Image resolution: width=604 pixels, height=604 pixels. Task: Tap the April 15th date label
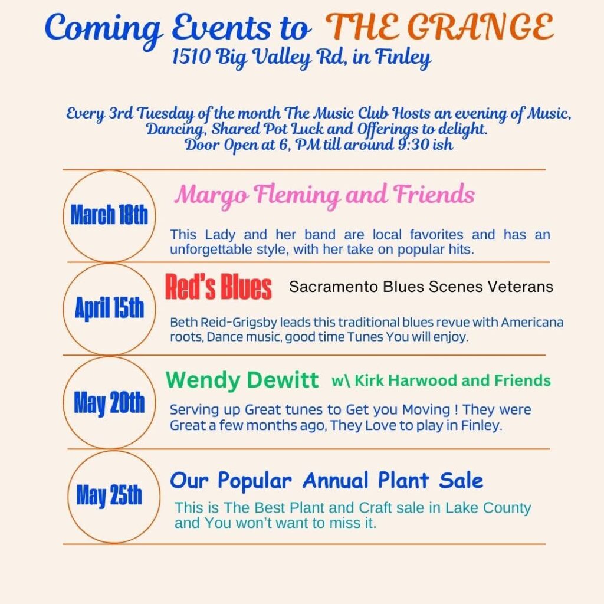click(x=109, y=308)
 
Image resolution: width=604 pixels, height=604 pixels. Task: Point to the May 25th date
click(x=109, y=495)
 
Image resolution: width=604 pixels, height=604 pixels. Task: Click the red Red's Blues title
click(x=218, y=287)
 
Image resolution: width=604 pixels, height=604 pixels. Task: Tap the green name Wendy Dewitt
click(x=242, y=380)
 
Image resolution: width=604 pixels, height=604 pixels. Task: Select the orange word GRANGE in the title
click(x=480, y=27)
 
